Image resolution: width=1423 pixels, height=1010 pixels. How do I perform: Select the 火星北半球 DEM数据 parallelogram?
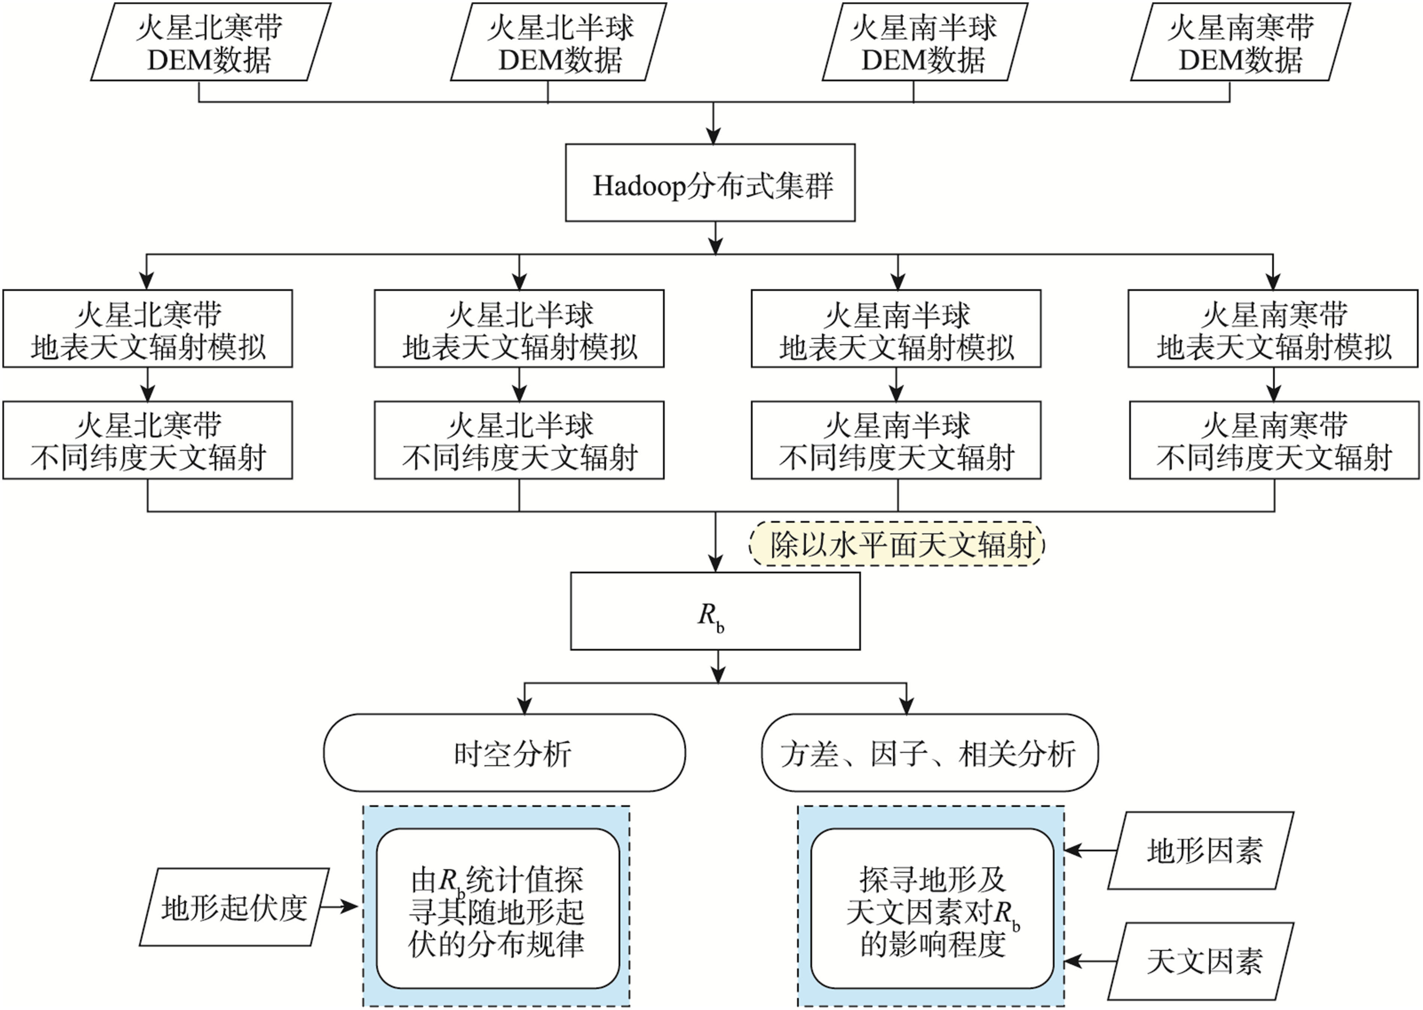click(x=558, y=42)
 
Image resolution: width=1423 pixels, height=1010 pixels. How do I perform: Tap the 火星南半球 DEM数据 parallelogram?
click(x=925, y=42)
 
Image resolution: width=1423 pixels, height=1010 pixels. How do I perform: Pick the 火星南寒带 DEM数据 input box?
click(x=1241, y=42)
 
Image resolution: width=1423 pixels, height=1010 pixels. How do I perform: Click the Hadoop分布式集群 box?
click(x=710, y=183)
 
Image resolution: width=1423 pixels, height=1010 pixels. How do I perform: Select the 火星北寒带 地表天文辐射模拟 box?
click(x=148, y=328)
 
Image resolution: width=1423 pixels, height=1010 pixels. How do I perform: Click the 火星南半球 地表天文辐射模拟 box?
click(x=896, y=328)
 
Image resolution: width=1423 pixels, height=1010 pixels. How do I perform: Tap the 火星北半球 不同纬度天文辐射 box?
click(x=519, y=440)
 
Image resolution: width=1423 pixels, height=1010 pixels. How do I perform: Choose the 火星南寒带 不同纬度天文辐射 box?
click(x=1274, y=440)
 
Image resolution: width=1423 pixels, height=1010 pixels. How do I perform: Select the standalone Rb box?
click(x=715, y=611)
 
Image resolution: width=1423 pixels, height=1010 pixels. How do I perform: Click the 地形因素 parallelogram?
click(x=1201, y=850)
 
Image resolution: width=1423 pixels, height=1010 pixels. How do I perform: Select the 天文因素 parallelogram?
click(x=1201, y=961)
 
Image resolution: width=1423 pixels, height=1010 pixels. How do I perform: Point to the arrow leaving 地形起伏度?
click(x=340, y=907)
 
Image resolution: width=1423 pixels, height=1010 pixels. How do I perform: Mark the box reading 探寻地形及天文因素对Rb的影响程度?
click(x=932, y=908)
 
